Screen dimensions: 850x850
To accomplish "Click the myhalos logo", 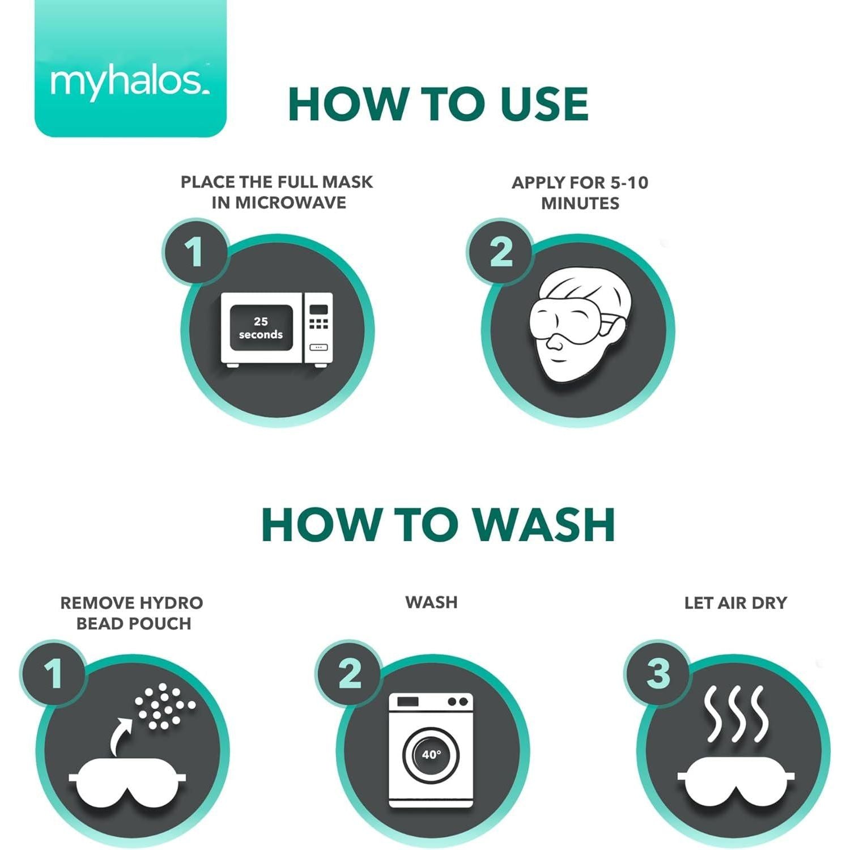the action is [x=130, y=83].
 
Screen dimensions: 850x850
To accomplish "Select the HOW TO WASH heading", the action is [x=438, y=525].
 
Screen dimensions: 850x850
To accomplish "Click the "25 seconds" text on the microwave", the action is [x=261, y=328].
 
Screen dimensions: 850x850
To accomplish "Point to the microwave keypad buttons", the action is [x=318, y=324].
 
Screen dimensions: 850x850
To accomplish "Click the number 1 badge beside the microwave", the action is [x=195, y=251].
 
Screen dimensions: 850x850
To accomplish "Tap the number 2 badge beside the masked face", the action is [x=500, y=251].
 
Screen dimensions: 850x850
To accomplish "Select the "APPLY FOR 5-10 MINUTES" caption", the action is [x=580, y=193].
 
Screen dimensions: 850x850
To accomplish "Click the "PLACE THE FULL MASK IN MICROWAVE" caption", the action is [x=277, y=192].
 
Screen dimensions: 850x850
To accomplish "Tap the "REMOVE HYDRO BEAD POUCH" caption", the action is [x=132, y=613].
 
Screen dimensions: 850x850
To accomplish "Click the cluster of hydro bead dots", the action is [x=165, y=706].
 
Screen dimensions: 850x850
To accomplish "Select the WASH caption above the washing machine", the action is [x=431, y=602].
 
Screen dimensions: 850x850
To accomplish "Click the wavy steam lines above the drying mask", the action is [x=736, y=713].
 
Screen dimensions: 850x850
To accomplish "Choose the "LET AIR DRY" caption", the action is [x=736, y=602].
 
